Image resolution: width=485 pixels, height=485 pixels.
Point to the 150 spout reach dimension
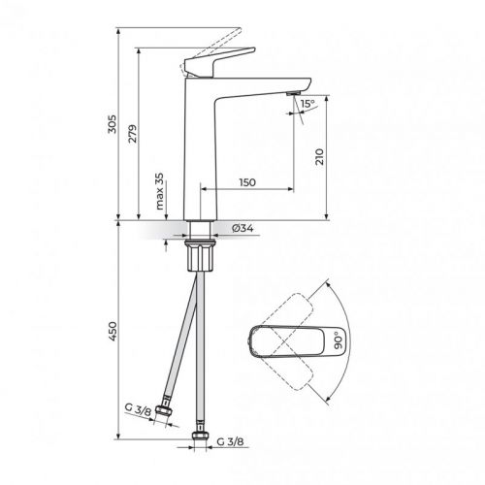tap(248, 182)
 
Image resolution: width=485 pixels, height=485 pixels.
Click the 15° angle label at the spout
tap(307, 103)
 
